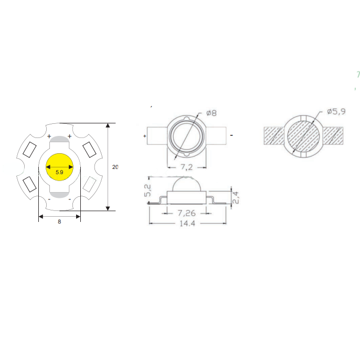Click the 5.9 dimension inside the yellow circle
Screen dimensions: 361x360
59,172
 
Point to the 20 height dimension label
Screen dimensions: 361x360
115,167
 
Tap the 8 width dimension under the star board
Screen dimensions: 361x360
59,222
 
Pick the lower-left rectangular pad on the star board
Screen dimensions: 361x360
29,185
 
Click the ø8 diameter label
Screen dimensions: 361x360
211,113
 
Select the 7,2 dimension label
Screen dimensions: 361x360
186,166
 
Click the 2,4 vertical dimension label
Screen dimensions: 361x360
236,197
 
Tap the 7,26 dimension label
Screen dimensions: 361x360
187,213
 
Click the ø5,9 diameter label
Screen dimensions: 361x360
336,112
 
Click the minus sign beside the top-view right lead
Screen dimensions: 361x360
231,135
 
